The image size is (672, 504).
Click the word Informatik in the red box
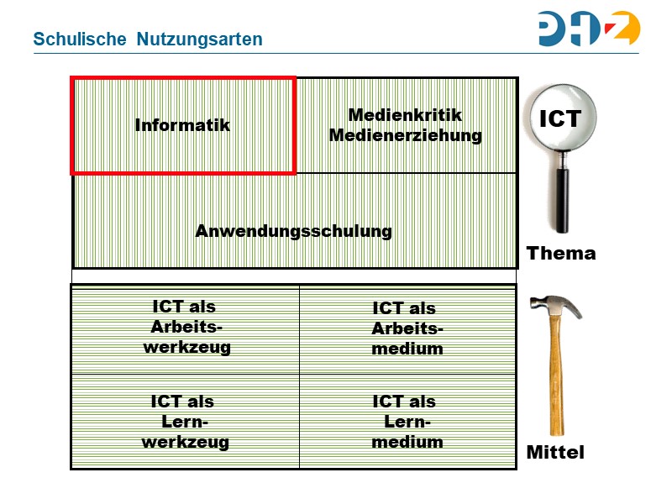click(x=182, y=125)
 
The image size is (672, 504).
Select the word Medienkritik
click(x=405, y=115)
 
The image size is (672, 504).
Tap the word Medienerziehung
click(x=405, y=135)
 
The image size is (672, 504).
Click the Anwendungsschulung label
click(x=294, y=231)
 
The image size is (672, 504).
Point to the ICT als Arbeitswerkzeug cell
click(x=186, y=328)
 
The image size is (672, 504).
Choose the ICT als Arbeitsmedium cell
click(x=407, y=328)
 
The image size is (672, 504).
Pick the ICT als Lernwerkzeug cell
click(x=186, y=422)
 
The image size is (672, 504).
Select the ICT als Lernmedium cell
click(x=407, y=422)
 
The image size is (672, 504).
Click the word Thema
click(x=561, y=253)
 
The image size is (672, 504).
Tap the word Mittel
click(x=555, y=453)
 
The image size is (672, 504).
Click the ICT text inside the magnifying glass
click(x=560, y=119)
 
